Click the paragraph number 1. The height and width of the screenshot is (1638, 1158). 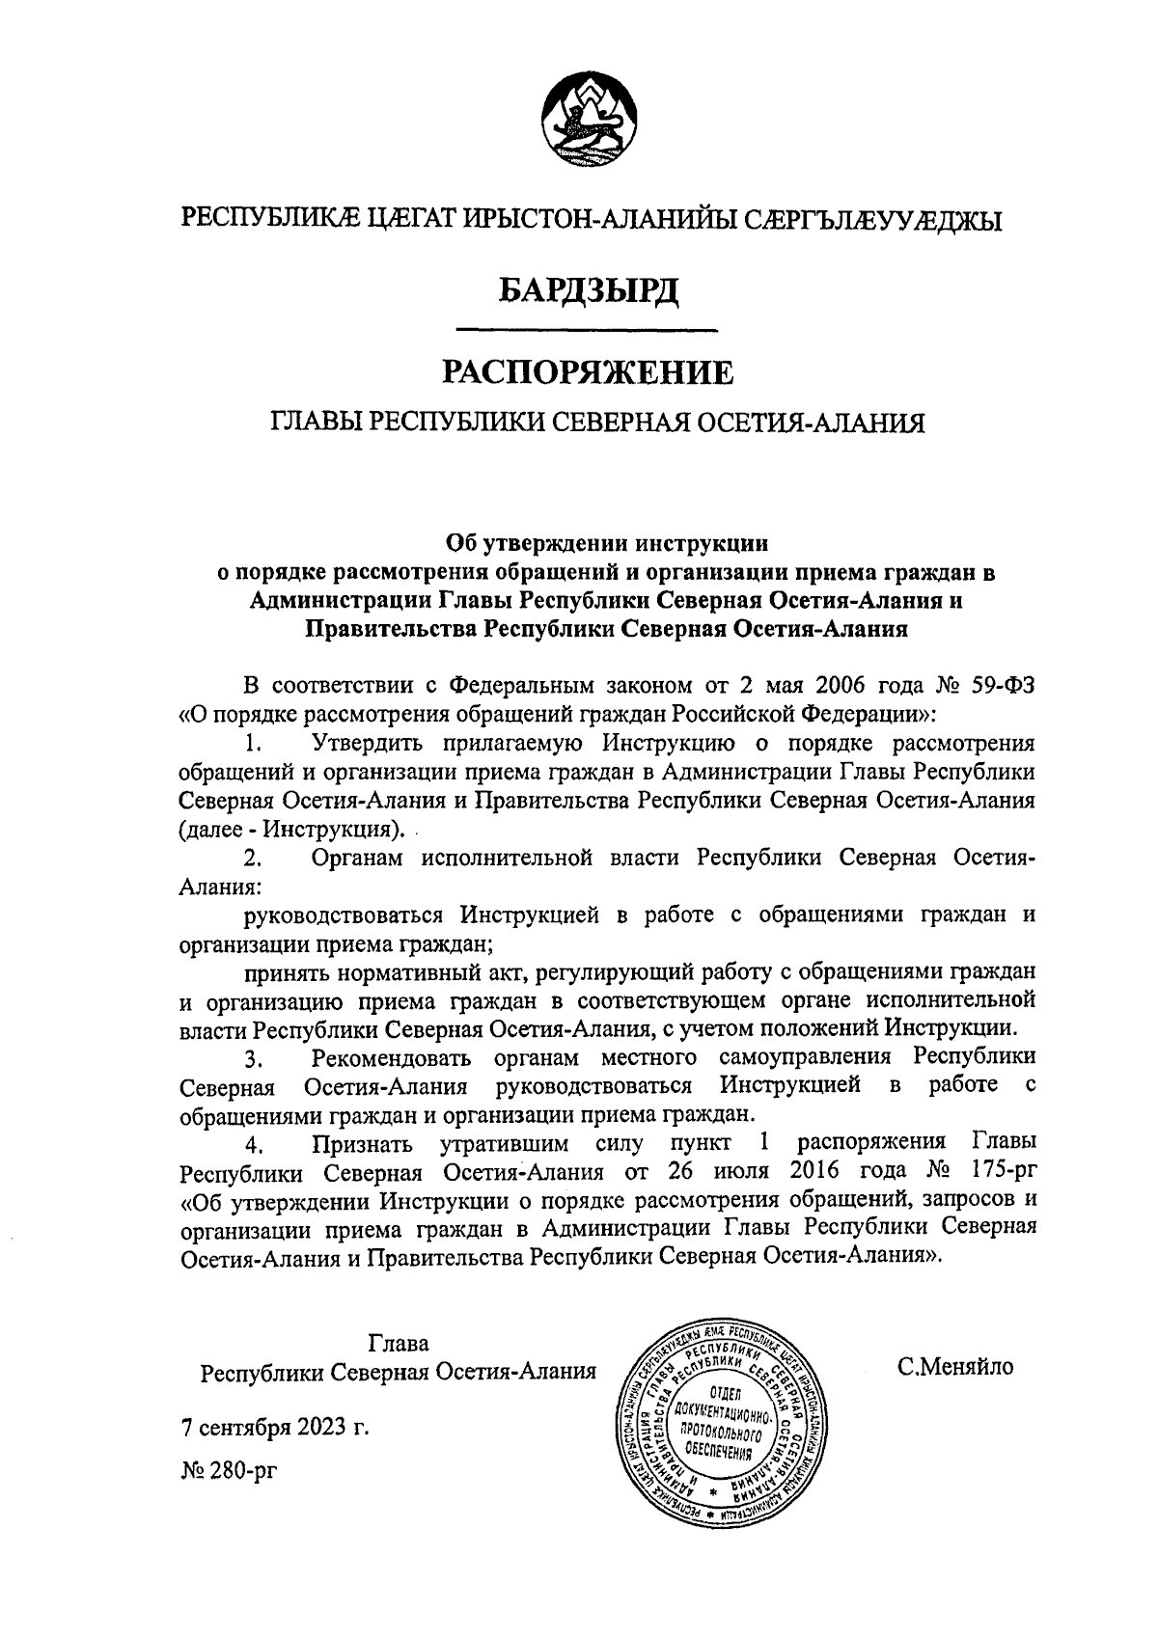253,744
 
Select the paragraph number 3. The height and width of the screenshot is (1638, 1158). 253,1061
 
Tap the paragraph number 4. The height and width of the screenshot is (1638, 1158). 253,1145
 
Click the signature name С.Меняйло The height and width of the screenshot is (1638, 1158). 954,1367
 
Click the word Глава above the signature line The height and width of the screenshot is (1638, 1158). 398,1343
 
